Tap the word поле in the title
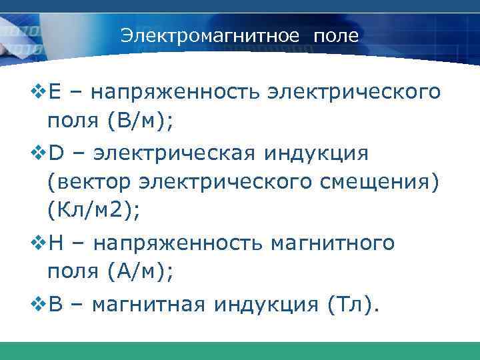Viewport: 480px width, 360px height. (337, 35)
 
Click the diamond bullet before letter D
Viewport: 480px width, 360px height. (39, 155)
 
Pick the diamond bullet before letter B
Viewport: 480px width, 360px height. (39, 306)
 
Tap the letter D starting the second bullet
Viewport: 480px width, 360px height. (55, 155)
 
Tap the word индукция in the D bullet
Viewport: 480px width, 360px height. (313, 155)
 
